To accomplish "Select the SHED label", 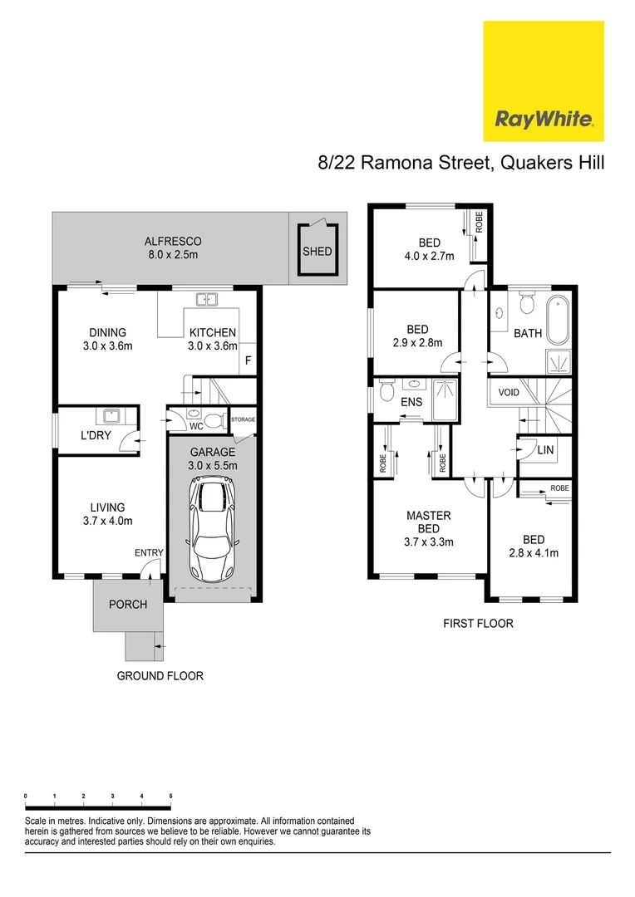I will [317, 252].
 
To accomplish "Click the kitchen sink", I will [205, 300].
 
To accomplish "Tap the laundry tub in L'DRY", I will [110, 417].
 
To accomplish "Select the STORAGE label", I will [243, 419].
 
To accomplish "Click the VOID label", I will [509, 392].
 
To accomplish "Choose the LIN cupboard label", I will [545, 449].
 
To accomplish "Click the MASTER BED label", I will [428, 522].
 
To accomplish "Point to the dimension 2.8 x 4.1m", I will [534, 552].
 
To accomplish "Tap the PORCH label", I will [128, 604].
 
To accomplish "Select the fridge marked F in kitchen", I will [248, 361].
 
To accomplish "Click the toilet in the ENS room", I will [386, 392].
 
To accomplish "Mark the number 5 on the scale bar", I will [170, 796].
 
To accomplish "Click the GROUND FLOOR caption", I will [160, 676].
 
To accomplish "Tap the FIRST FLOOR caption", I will [479, 623].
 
